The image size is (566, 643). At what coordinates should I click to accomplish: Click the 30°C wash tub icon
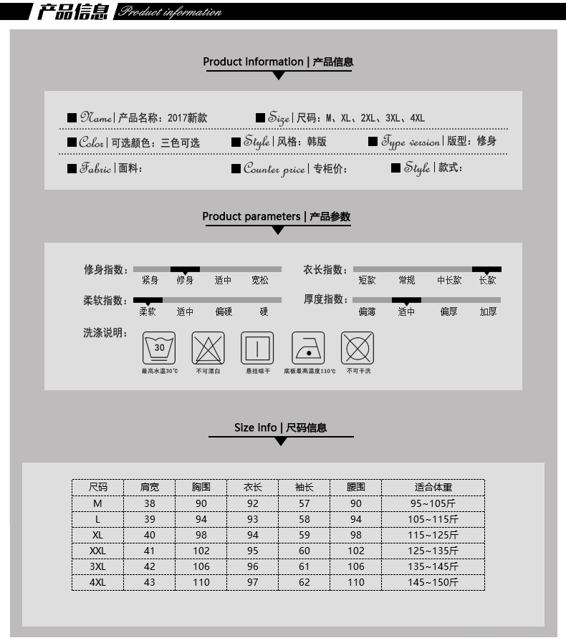coord(159,348)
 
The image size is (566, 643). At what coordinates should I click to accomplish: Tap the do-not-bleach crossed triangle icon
coord(208,348)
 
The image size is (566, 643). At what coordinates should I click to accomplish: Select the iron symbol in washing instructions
coord(308,348)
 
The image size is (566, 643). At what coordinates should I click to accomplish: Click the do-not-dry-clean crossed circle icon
coord(358,348)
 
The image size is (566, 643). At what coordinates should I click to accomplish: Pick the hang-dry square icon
coord(257,348)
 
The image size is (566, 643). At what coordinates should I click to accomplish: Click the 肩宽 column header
coord(150,487)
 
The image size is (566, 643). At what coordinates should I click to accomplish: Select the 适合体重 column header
coord(433,487)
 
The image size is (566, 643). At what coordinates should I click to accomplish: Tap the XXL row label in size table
coord(97,551)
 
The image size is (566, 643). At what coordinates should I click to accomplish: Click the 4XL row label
coord(97,582)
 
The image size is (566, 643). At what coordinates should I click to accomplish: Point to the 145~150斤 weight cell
coord(433,582)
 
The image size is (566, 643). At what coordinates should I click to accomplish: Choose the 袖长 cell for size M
coord(304,503)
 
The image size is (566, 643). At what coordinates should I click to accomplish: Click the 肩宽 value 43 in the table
coord(150,582)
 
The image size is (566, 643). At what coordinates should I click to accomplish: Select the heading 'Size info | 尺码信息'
coord(280,427)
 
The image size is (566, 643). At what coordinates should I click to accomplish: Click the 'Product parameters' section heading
coord(276,216)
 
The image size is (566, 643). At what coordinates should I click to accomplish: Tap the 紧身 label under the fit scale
coord(150,281)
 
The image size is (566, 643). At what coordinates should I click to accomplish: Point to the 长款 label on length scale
coord(487,281)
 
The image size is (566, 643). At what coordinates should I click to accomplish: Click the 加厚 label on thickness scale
coord(488,312)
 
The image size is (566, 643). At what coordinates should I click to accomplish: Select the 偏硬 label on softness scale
coord(224,312)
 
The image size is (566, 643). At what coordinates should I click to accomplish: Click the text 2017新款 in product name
coord(187,118)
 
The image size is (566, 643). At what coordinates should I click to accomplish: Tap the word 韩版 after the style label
coord(317,142)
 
